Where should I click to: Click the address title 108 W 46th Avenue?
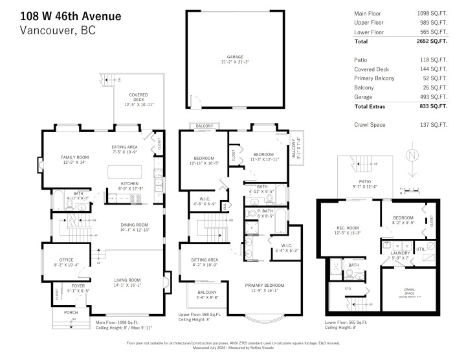tap(70, 15)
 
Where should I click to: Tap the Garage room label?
tap(235, 56)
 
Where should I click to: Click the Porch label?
tap(71, 312)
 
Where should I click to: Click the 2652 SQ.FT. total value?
tap(432, 41)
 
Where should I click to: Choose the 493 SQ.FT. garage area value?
tap(434, 96)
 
